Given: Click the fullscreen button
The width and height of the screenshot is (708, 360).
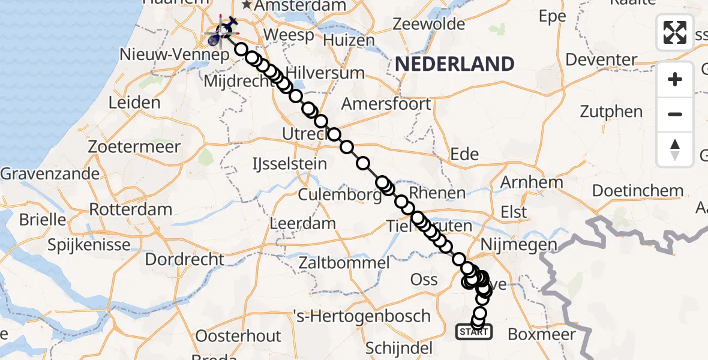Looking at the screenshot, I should tap(675, 32).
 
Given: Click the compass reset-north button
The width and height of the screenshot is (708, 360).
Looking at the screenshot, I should tap(675, 149).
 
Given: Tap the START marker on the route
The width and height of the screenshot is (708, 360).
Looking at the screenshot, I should tap(474, 331).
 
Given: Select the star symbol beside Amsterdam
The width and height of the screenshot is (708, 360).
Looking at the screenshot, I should tap(246, 5).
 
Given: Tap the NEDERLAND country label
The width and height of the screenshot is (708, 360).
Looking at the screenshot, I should tap(455, 64).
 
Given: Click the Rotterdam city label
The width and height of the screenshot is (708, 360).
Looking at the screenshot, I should tap(130, 210).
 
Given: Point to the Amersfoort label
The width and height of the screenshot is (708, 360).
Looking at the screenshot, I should tap(386, 104).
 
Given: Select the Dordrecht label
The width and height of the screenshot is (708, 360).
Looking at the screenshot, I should tap(185, 260).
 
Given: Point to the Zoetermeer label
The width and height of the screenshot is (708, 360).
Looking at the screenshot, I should tap(134, 146).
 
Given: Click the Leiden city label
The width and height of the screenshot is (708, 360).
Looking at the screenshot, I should tap(134, 102).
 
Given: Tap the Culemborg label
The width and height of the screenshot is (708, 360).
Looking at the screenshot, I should tap(340, 195).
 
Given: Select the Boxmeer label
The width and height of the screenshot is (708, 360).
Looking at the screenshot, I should tap(542, 334).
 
